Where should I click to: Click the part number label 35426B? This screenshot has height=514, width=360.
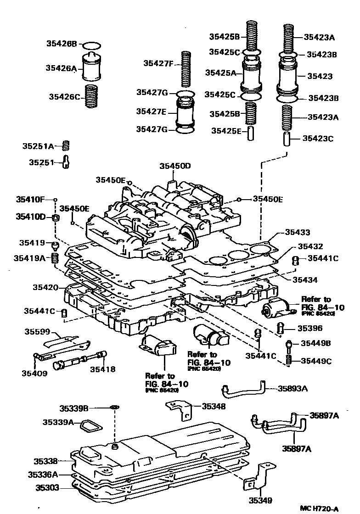[61, 44]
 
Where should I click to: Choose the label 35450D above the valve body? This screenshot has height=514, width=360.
[174, 166]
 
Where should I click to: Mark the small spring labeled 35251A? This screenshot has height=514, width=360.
[65, 145]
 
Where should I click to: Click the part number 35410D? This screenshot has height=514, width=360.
[30, 216]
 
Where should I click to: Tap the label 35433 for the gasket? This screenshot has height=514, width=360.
[297, 233]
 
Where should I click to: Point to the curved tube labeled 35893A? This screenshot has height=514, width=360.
[243, 391]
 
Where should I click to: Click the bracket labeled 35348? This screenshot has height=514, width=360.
[180, 408]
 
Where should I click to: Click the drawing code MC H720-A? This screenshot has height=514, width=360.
[319, 508]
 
